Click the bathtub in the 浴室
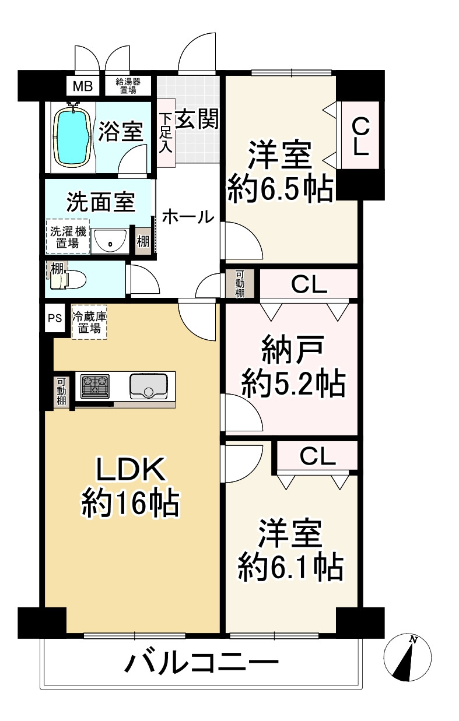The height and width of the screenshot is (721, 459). [73, 138]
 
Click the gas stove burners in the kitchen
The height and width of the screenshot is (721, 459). [95, 385]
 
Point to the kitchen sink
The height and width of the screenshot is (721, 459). [148, 385]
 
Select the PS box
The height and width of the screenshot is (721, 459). [55, 318]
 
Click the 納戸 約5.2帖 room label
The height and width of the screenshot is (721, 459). [293, 367]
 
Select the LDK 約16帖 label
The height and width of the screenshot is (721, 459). [130, 487]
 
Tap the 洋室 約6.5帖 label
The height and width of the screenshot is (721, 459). [281, 172]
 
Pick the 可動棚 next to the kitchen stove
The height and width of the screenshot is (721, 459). [61, 391]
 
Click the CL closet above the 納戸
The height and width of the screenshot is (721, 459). [309, 284]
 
